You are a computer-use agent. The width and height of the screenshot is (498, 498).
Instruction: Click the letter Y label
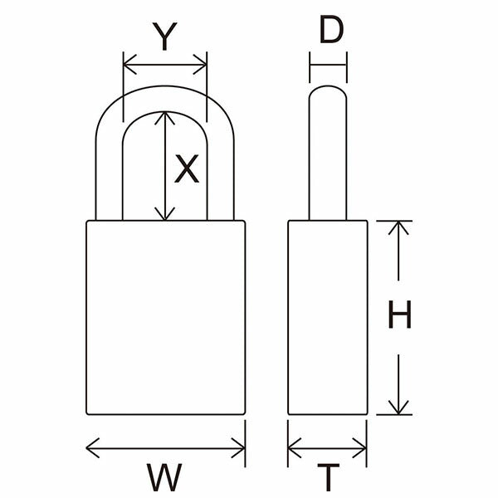click(164, 37)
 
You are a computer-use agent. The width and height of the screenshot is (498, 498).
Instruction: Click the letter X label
click(187, 168)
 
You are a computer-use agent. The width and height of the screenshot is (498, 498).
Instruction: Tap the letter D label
click(331, 29)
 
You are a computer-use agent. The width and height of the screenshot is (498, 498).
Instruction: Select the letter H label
click(400, 314)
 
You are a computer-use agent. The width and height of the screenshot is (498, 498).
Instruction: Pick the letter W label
click(164, 477)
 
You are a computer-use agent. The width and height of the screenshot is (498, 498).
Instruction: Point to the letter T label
click(329, 477)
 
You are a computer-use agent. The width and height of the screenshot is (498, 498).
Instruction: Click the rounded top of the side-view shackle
click(328, 86)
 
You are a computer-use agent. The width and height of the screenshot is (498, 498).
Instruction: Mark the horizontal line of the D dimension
click(328, 65)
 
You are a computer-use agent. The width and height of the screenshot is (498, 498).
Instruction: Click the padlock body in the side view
click(328, 317)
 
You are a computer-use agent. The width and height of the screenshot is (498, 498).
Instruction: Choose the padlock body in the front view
click(166, 317)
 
